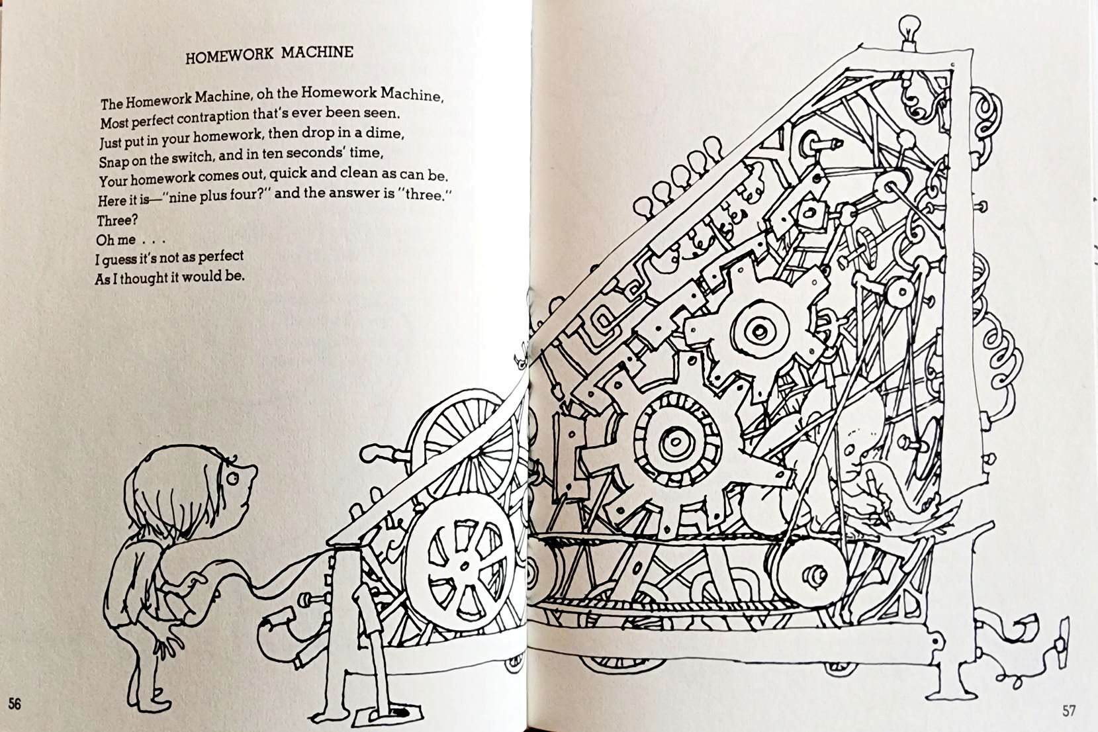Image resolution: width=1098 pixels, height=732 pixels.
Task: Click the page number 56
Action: tap(15, 704)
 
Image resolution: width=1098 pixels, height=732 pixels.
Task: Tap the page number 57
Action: tap(1069, 710)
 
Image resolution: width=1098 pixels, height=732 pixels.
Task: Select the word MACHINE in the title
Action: tap(317, 52)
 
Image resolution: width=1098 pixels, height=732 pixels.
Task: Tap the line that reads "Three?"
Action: tap(117, 220)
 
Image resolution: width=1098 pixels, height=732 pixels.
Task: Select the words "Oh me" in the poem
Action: tap(116, 240)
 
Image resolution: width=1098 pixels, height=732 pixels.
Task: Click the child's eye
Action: tap(232, 478)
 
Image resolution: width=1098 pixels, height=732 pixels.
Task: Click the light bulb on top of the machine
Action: tap(909, 28)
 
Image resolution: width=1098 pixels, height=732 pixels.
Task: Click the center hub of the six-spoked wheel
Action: tap(464, 567)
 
